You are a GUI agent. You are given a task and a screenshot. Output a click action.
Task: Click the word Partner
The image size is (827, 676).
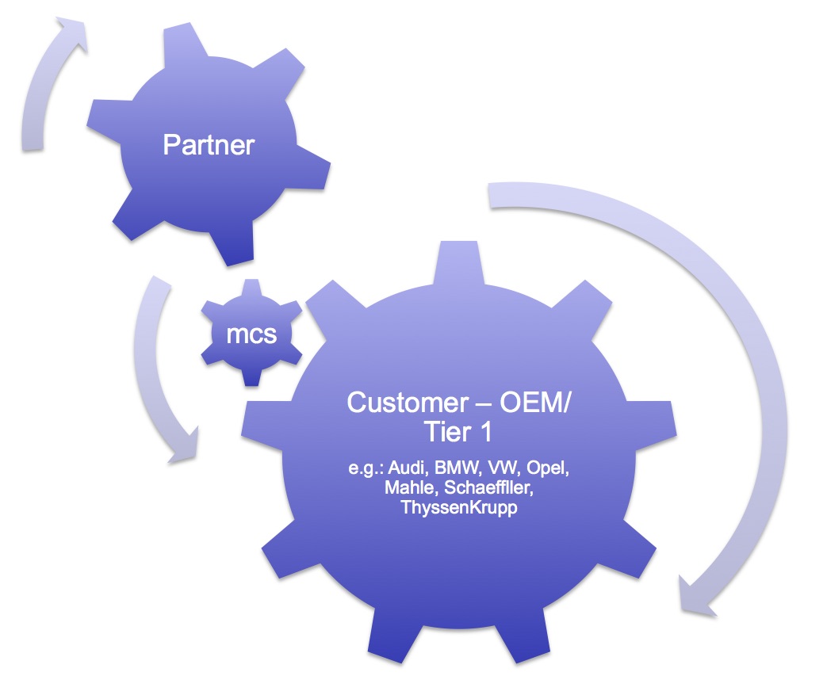[209, 145]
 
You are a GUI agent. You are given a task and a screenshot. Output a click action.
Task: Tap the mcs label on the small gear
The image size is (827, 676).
[251, 334]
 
